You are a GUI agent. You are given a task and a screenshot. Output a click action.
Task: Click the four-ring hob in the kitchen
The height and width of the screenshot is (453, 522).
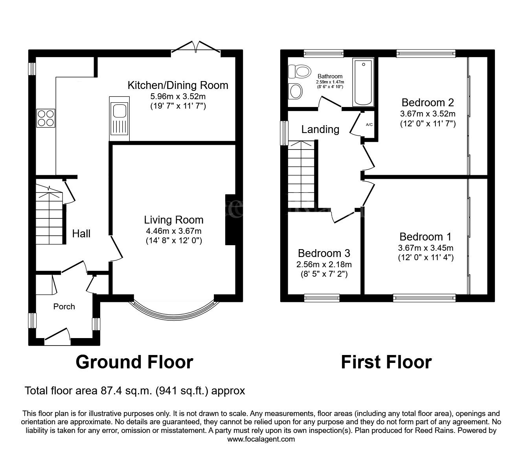46,118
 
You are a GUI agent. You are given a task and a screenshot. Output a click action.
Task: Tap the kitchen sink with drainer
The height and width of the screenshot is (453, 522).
119,118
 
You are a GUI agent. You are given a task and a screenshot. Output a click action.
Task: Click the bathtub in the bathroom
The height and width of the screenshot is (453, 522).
363,82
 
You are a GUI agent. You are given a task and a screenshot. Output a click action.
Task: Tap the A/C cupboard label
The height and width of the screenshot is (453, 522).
369,124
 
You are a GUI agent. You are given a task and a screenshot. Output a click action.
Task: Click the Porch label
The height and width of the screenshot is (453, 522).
64,307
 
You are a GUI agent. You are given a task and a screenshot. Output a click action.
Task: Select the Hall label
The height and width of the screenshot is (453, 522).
81,233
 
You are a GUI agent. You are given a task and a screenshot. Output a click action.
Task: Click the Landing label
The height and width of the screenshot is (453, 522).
320,129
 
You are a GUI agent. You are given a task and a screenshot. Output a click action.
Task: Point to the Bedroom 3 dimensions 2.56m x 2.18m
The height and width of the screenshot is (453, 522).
324,264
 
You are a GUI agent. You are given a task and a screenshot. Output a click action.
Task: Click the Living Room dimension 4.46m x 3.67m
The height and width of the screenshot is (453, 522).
173,231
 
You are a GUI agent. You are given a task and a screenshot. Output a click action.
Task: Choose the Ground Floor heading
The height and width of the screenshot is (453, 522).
134,362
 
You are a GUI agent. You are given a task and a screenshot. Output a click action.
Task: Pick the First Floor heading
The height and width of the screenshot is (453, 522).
386,362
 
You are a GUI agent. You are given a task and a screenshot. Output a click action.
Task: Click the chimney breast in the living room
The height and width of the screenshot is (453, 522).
230,220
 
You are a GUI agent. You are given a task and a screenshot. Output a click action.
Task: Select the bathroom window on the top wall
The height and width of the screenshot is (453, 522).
323,53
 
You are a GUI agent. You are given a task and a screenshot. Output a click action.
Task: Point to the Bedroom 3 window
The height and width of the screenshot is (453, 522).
322,298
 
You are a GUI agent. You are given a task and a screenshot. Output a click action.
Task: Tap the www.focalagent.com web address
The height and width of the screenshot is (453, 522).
261,439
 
